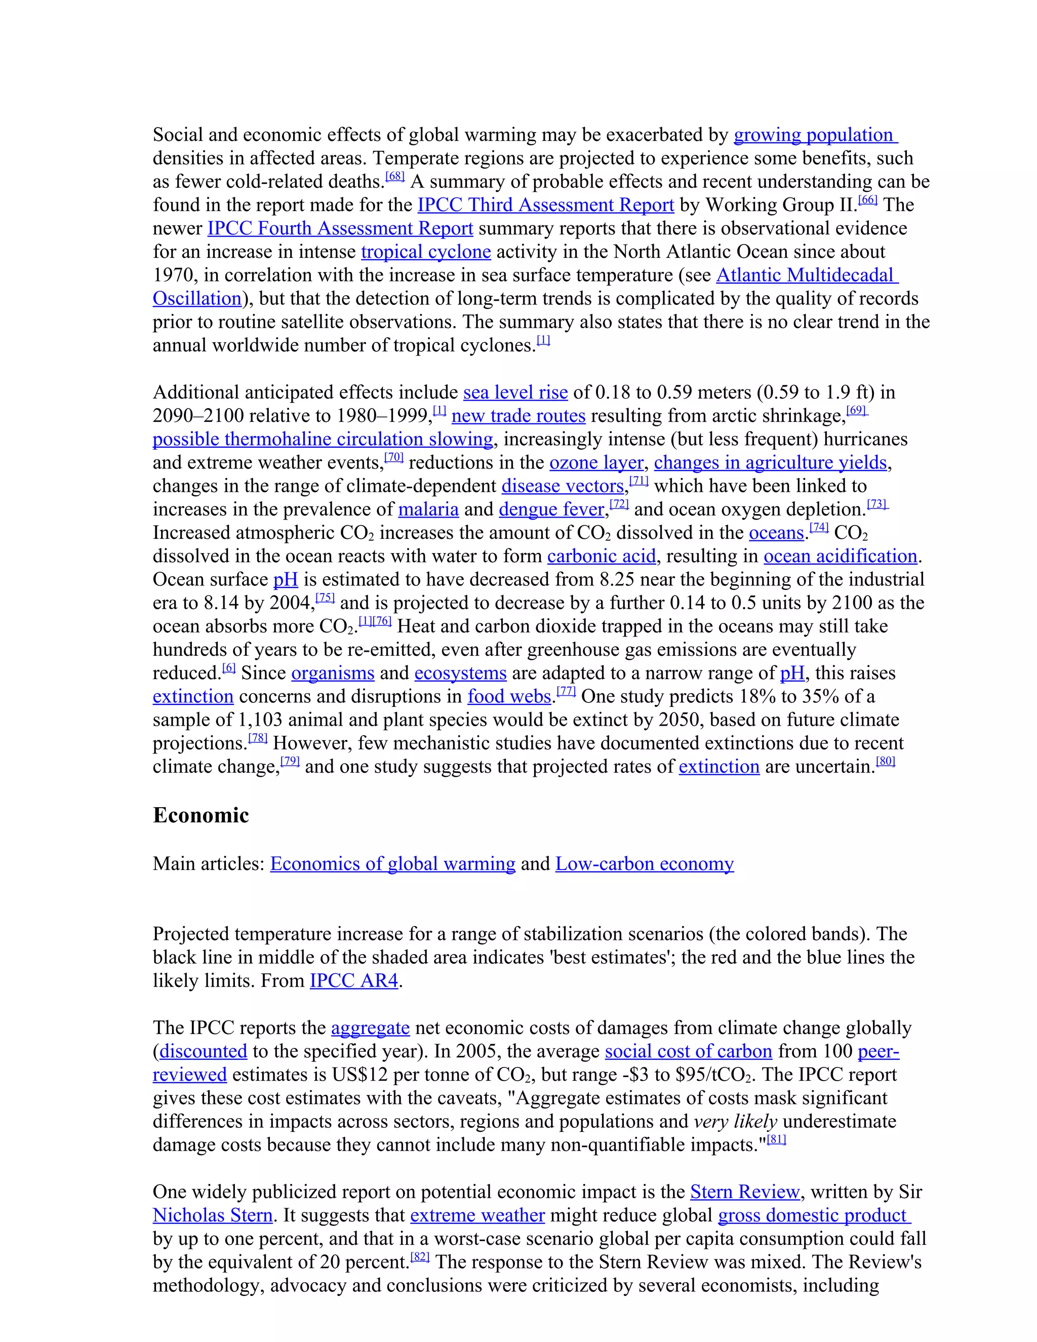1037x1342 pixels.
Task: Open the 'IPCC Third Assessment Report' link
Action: (545, 205)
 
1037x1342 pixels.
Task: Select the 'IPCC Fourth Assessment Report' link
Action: (340, 228)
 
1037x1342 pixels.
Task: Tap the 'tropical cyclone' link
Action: (426, 252)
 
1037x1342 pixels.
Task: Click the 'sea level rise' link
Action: (515, 392)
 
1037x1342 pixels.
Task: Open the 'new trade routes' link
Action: (518, 416)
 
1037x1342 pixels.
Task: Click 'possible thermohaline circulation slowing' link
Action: (323, 440)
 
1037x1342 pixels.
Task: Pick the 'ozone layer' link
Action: (596, 463)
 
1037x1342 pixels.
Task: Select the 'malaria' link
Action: (428, 509)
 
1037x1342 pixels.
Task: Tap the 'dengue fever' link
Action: (551, 509)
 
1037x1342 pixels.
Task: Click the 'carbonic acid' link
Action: (602, 556)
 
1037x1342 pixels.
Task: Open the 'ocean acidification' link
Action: (840, 556)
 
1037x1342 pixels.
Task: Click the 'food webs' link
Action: (509, 697)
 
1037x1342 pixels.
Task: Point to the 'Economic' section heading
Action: (201, 815)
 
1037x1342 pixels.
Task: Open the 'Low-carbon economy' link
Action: (645, 864)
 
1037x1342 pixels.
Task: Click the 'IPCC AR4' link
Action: (354, 981)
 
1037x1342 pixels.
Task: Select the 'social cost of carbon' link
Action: (688, 1051)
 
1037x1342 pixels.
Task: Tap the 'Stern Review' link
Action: (744, 1192)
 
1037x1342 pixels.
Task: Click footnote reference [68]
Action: (394, 177)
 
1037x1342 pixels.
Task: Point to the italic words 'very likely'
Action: (735, 1121)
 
